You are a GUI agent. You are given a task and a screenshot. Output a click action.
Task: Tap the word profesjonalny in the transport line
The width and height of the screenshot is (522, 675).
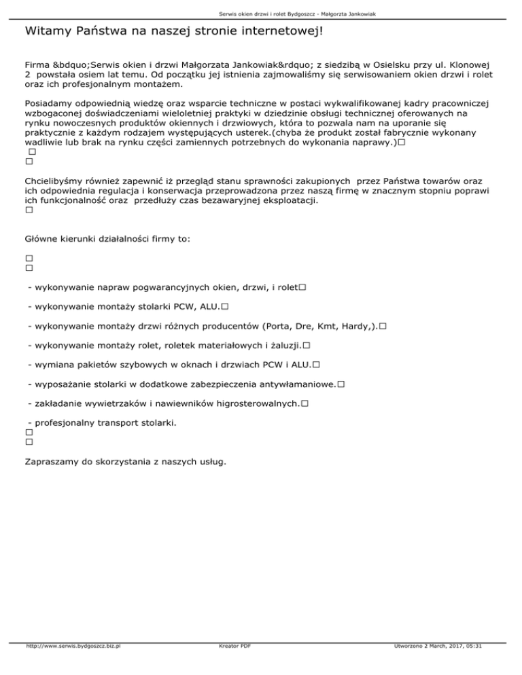click(x=68, y=423)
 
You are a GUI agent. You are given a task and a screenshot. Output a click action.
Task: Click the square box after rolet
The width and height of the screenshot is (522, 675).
click(x=302, y=289)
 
